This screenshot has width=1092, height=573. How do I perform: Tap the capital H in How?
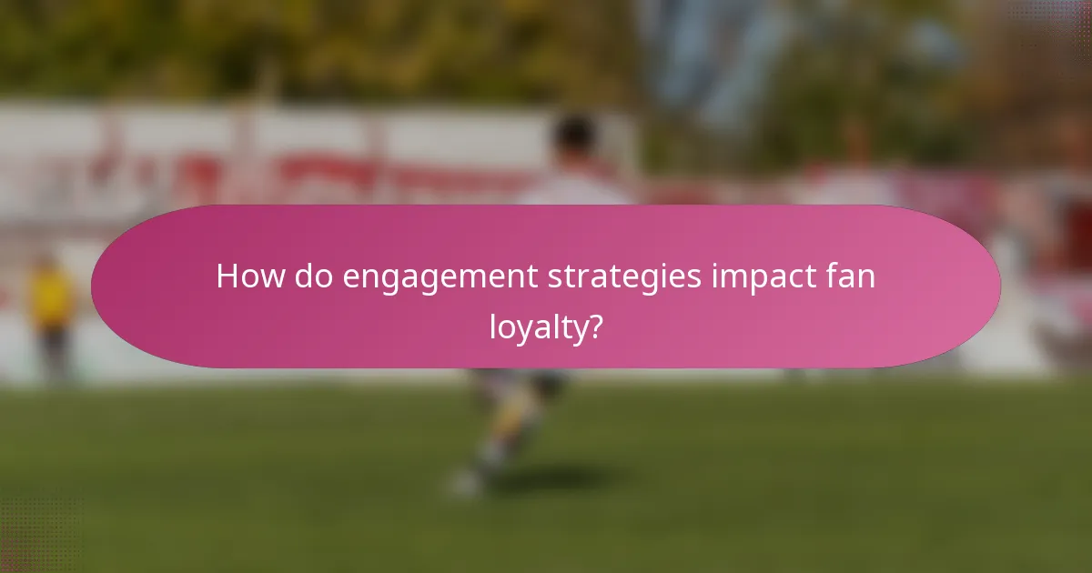[x=227, y=276]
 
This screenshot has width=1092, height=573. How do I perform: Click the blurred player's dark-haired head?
[x=576, y=136]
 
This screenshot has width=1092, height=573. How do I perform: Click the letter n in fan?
[x=867, y=278]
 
